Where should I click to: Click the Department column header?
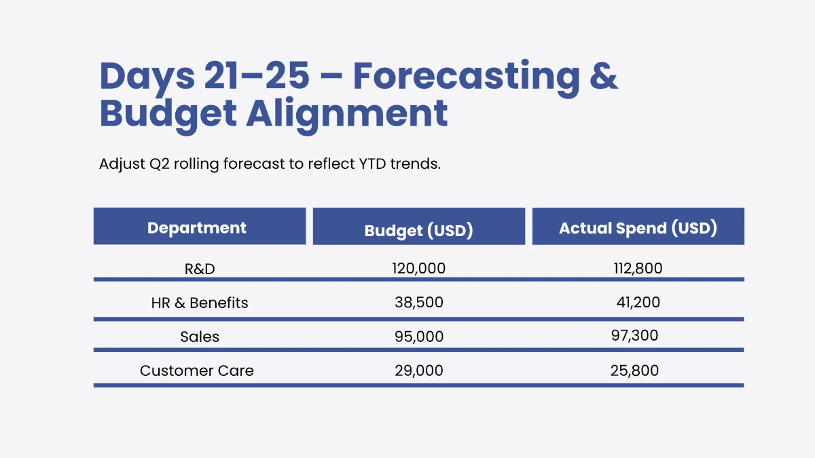[197, 227]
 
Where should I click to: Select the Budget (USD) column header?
[418, 230]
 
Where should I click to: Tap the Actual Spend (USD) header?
[638, 228]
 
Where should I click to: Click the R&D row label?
[200, 269]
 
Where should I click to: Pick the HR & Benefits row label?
[200, 303]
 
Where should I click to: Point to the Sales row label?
[200, 337]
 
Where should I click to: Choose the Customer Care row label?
[197, 370]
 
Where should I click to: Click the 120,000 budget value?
[418, 269]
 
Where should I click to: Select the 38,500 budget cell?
[418, 303]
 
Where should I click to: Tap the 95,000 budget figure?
[418, 337]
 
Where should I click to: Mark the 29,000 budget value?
[418, 370]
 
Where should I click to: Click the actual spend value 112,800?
[638, 269]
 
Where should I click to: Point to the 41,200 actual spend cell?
[638, 303]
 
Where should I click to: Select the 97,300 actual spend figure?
[635, 335]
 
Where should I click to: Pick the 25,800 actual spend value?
[635, 370]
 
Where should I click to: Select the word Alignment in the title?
[346, 113]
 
